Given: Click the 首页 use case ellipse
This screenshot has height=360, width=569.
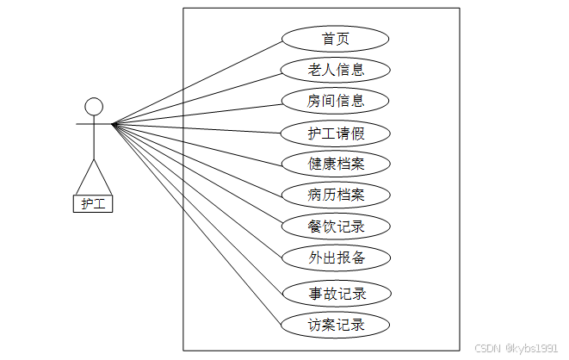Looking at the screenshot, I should (x=336, y=39).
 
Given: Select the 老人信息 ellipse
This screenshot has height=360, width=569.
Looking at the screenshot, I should (x=336, y=70).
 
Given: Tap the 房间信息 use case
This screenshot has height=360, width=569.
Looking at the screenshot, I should (x=336, y=101).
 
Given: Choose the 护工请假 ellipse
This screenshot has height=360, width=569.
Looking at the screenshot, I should (x=336, y=133).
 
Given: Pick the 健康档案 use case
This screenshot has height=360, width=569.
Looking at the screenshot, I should (x=336, y=164).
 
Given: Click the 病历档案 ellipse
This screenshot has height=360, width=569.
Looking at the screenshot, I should (x=336, y=195).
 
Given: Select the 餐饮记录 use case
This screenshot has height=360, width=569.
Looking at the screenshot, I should (x=336, y=227).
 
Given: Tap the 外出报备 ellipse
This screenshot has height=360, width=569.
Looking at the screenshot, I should (x=336, y=258).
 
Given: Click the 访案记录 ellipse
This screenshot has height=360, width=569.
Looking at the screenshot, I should (x=336, y=325).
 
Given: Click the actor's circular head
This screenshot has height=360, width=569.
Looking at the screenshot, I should (x=94, y=107).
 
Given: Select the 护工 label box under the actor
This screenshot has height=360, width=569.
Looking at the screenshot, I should (x=93, y=203).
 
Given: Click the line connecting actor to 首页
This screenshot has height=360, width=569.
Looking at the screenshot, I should (x=198, y=82).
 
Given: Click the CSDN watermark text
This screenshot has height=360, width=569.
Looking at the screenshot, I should (x=488, y=348).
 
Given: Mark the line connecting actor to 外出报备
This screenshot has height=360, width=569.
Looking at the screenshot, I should (x=198, y=190).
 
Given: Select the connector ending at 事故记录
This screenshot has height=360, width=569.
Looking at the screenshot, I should (x=198, y=208).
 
